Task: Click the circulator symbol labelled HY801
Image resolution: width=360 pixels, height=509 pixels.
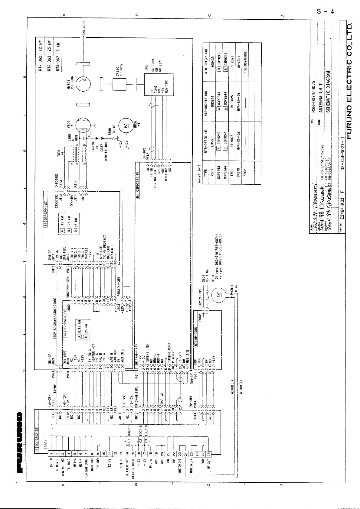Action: click(83, 85)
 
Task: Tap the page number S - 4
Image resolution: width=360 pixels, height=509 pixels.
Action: click(325, 12)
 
